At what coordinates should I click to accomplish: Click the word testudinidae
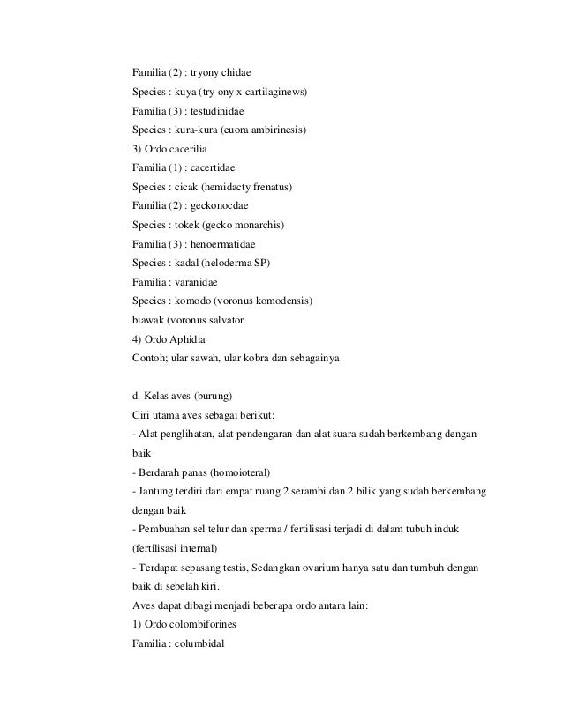(x=216, y=112)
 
